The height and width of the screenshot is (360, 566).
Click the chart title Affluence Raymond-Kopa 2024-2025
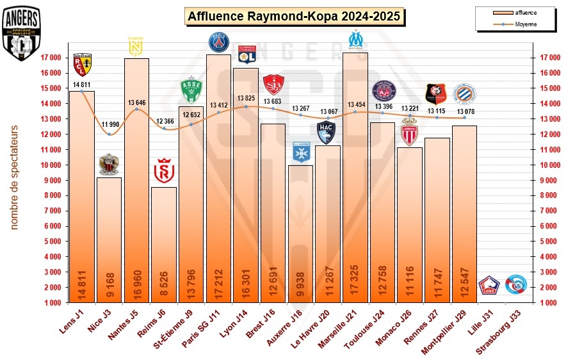(x=295, y=17)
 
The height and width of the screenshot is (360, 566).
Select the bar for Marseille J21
(x=355, y=179)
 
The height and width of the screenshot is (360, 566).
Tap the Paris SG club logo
(x=219, y=42)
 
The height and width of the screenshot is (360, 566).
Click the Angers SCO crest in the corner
(x=22, y=33)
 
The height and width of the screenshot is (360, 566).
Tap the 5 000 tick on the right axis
(x=553, y=241)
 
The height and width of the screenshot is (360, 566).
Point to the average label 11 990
(x=109, y=124)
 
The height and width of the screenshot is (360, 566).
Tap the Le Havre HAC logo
(x=327, y=133)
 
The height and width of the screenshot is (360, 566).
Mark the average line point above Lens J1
(x=82, y=91)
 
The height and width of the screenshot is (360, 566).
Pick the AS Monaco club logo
(x=408, y=133)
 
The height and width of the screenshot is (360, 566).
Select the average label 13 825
(x=246, y=98)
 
